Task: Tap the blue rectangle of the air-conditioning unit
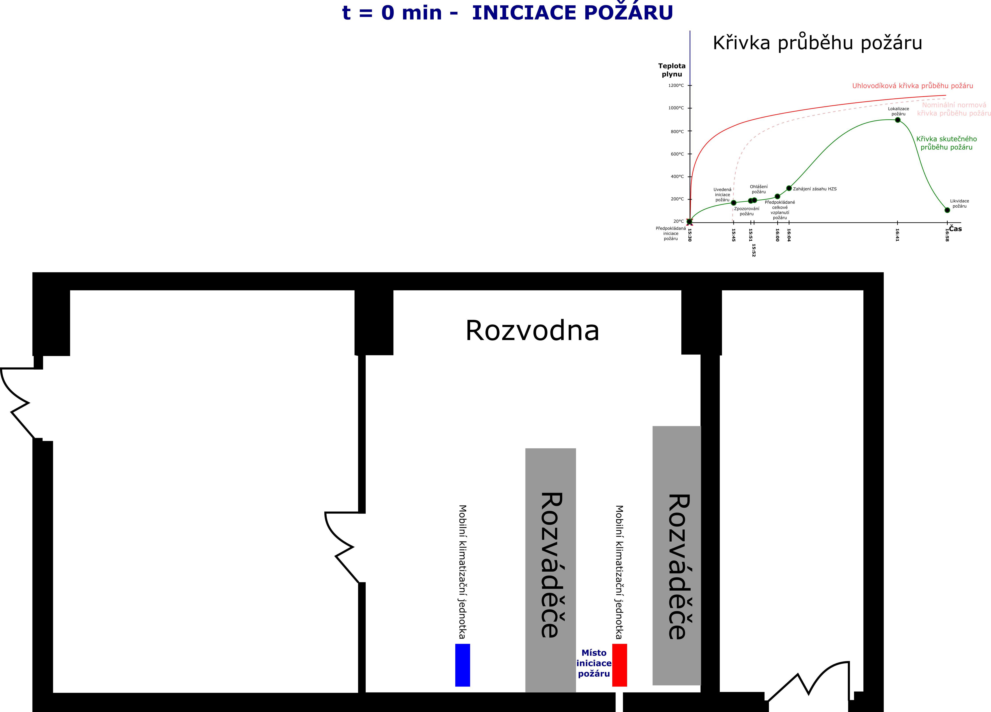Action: (462, 665)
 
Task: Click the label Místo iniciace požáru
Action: (594, 663)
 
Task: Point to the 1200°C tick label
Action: (676, 86)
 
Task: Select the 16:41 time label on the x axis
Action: (897, 235)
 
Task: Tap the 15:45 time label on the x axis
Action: (733, 235)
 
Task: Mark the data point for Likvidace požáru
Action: (947, 210)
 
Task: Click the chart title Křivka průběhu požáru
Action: (818, 43)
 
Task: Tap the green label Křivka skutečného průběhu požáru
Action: (947, 143)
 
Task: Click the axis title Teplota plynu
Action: (672, 70)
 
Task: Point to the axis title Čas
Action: (955, 228)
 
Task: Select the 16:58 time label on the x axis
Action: (947, 235)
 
